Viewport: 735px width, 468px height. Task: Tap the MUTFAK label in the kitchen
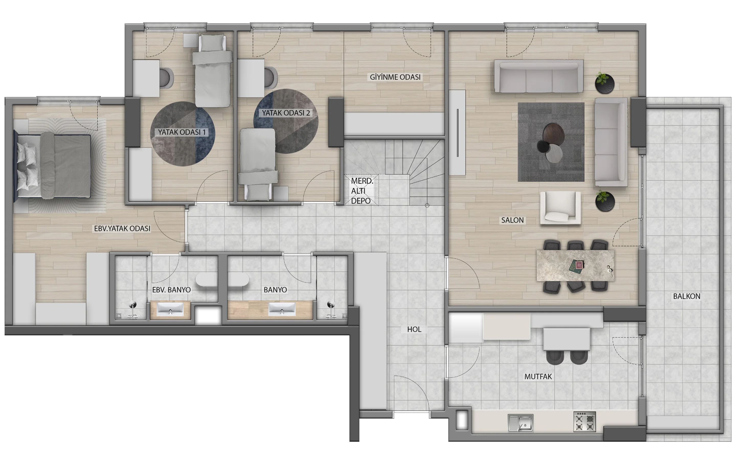(538, 377)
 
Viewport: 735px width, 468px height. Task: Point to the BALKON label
(686, 296)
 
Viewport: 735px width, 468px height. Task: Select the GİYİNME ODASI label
(395, 77)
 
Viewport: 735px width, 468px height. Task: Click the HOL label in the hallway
(414, 329)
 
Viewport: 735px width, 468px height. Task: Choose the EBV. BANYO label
(171, 290)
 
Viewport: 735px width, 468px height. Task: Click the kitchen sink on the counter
(521, 423)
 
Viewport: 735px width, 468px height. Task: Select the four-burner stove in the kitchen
(584, 422)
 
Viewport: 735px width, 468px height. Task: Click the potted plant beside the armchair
(605, 201)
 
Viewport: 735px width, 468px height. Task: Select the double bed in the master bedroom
(52, 165)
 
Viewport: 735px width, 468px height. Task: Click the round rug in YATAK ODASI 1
(183, 134)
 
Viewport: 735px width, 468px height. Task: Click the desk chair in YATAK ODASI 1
(167, 78)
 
